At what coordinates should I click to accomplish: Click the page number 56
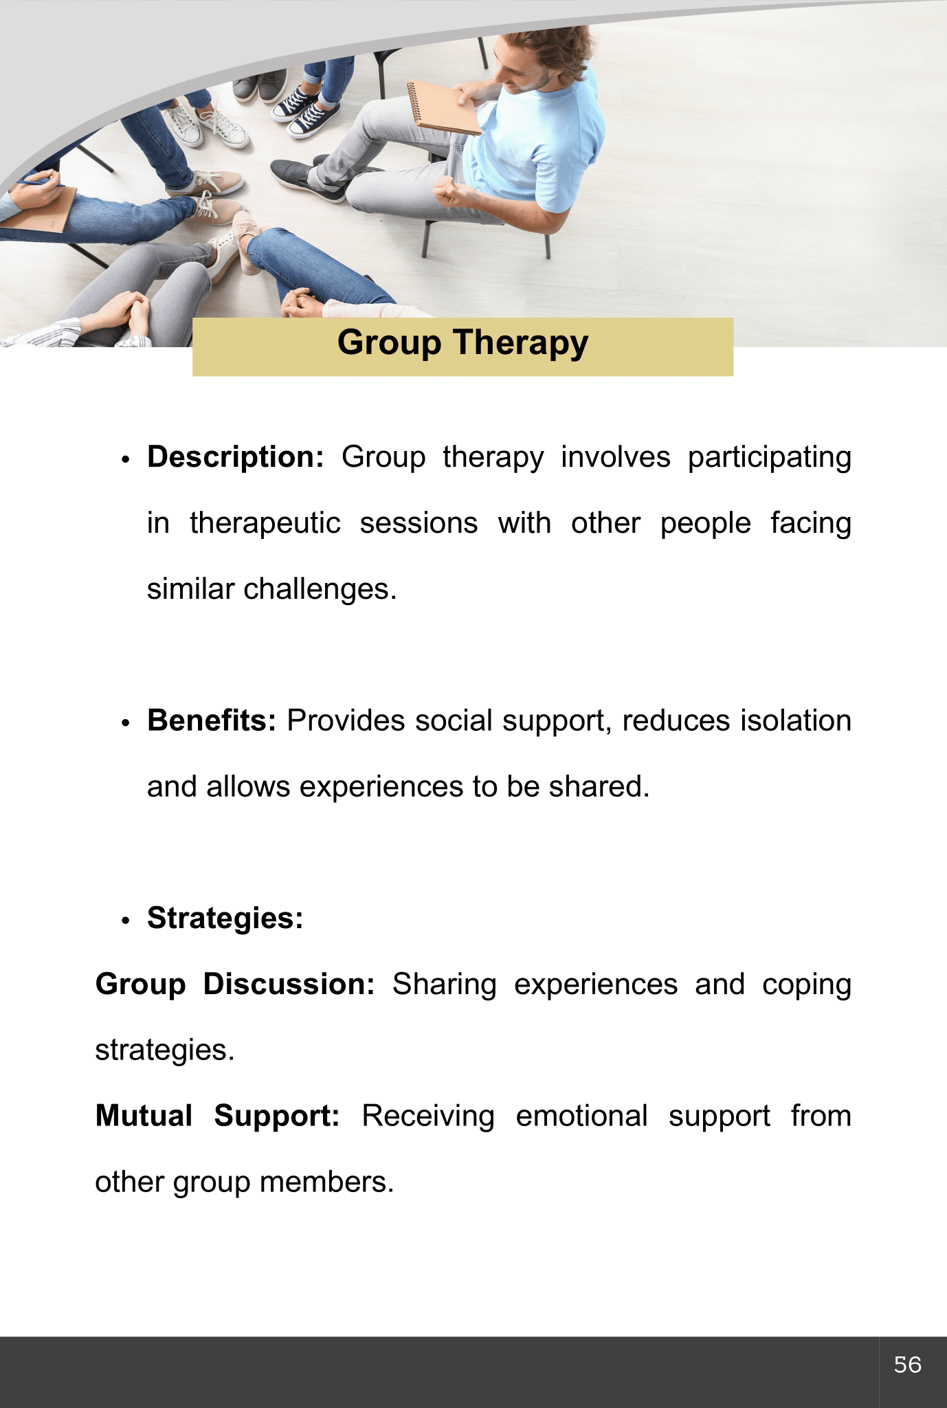tap(907, 1365)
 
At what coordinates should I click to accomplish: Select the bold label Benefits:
tap(212, 720)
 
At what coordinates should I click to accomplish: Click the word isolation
tap(796, 720)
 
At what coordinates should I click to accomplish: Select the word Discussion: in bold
tap(289, 984)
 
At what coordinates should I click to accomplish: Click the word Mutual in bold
tap(144, 1116)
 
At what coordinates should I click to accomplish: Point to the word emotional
tap(581, 1116)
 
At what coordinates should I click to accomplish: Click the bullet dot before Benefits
tap(125, 723)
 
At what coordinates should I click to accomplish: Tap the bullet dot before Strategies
tap(125, 921)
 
